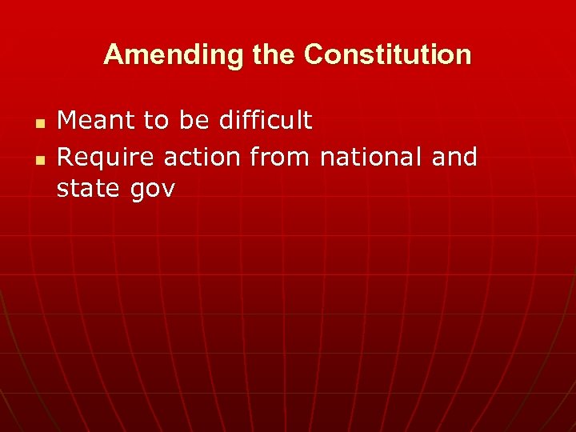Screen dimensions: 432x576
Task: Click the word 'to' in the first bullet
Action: [x=156, y=121]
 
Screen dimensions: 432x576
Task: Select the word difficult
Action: [x=265, y=121]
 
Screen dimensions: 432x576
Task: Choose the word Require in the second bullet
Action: [x=106, y=157]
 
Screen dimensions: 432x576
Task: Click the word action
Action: [x=203, y=157]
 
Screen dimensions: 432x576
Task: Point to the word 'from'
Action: [x=281, y=157]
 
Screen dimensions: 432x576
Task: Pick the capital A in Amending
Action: [x=113, y=55]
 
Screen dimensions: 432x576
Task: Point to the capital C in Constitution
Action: [x=314, y=55]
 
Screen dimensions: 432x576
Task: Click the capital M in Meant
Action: [x=67, y=121]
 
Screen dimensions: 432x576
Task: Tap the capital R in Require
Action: [x=66, y=157]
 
